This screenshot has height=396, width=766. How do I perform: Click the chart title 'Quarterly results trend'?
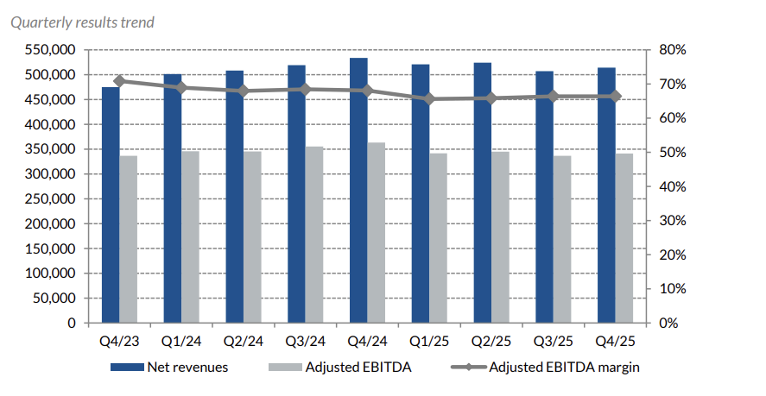coord(82,22)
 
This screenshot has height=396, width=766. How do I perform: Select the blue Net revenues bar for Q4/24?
coord(358,191)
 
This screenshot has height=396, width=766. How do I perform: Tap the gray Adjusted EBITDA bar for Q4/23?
coord(129,239)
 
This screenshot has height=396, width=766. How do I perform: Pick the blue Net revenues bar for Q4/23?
coord(111,205)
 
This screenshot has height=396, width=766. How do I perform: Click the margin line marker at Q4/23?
coord(119,81)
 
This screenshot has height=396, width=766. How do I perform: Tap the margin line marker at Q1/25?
coord(429,99)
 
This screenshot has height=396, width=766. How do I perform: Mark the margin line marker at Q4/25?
coord(616,97)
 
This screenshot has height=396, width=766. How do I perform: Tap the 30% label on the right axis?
coord(668,221)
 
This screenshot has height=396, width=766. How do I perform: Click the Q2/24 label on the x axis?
coord(244,341)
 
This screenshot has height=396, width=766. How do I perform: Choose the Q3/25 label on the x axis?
coord(554,341)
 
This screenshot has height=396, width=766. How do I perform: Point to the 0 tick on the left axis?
coord(73,324)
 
